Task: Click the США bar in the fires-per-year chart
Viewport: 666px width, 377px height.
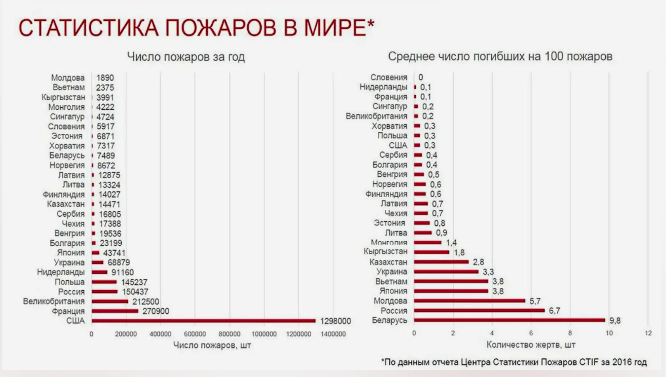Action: (203, 321)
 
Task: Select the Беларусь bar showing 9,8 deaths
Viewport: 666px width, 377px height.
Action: (509, 320)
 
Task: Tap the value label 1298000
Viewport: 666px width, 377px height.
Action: (335, 321)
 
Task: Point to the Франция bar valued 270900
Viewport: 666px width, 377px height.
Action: (115, 311)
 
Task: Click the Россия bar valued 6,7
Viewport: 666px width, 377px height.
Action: (479, 310)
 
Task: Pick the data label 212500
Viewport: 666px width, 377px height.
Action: (145, 302)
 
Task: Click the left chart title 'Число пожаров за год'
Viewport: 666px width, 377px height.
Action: (186, 57)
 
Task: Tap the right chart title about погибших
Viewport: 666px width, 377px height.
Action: (500, 57)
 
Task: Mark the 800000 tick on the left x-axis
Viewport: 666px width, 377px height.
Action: (229, 334)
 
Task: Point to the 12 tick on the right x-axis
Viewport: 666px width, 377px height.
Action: (648, 333)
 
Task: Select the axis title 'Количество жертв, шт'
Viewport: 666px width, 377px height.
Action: (531, 345)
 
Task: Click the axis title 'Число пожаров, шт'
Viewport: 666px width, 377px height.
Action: (212, 345)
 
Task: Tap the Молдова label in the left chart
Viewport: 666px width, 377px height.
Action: (68, 78)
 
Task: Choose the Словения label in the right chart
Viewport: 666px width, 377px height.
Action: (388, 78)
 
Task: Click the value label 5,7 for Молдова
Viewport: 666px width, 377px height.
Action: (535, 301)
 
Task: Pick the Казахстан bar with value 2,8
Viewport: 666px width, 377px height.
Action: (441, 262)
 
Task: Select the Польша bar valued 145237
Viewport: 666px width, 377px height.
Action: (104, 282)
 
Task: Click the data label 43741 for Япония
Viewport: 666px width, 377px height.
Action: (114, 253)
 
